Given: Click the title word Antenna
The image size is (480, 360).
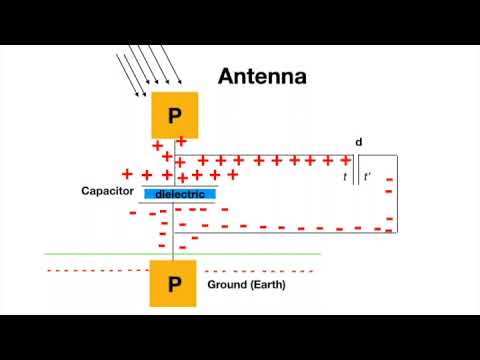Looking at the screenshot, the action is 263,75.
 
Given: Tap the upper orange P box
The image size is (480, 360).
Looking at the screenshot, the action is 174,116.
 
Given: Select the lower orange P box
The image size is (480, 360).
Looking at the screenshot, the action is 174,284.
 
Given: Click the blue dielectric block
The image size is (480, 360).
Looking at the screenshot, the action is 180,194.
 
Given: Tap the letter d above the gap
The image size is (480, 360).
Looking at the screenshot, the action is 359,142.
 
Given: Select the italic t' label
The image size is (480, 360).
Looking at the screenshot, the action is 367,177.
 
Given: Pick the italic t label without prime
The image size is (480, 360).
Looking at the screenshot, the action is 345,177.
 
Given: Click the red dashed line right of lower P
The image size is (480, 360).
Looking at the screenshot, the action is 260,271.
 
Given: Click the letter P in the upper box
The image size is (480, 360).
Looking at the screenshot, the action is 174,117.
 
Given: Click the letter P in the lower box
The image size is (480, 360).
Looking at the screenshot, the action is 174,285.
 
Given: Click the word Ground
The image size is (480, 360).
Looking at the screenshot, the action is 226,285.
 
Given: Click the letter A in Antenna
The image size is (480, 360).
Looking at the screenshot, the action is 227,75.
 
